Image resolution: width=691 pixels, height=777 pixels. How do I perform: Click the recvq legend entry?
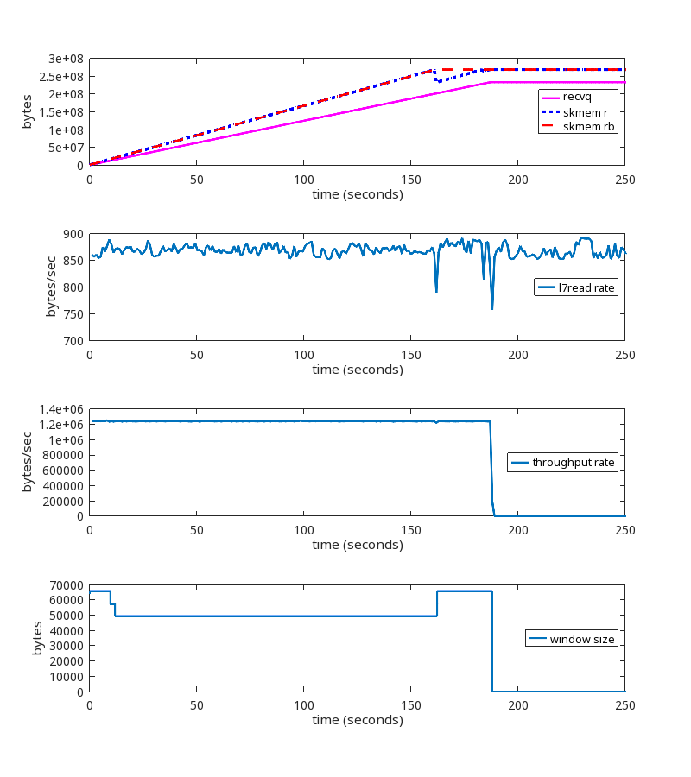(577, 97)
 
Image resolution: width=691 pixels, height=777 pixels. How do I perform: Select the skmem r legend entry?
(585, 112)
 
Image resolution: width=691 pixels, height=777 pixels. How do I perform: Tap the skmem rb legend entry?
(587, 127)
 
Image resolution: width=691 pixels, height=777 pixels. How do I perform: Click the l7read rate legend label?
(587, 287)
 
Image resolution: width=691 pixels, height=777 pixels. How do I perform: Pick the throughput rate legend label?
(573, 463)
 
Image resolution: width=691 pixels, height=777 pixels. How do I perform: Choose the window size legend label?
(582, 639)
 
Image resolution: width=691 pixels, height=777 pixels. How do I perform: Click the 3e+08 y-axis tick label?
(66, 59)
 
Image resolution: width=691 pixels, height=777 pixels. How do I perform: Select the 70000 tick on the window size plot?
(67, 585)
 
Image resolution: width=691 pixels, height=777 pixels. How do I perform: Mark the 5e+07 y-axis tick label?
(66, 148)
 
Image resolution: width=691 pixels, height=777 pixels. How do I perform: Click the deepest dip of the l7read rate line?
(492, 308)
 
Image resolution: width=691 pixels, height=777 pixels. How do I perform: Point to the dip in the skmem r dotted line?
(439, 81)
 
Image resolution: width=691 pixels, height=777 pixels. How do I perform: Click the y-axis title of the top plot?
(28, 112)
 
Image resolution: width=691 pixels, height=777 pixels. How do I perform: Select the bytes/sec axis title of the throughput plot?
(28, 463)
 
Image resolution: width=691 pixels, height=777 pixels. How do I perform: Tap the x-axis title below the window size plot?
(358, 720)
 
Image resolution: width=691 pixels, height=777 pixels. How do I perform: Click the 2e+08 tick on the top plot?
(66, 94)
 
